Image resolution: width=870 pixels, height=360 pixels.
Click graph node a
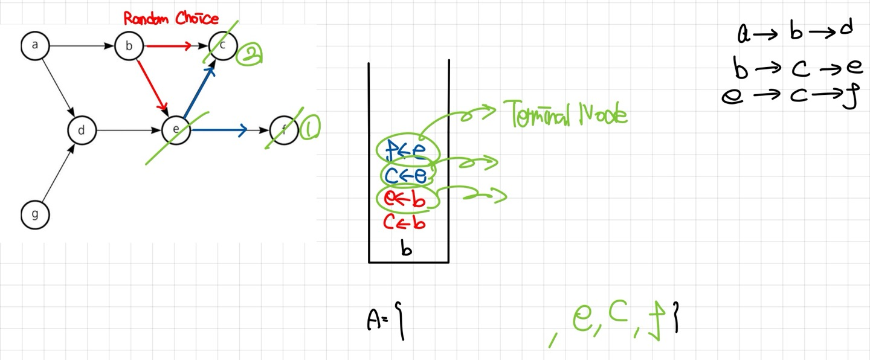coord(35,46)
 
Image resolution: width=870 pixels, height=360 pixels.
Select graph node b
coord(128,46)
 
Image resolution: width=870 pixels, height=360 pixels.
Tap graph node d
coord(82,130)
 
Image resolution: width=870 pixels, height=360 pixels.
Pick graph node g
coord(35,215)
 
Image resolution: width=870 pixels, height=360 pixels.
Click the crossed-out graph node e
coord(175,130)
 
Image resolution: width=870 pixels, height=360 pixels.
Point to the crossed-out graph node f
coord(285,130)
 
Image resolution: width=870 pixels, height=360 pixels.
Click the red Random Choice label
coord(171,19)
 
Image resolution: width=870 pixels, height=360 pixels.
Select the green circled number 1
coord(310,128)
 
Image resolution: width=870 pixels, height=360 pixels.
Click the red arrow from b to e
coord(152,85)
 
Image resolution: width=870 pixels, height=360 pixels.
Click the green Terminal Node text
coord(565,114)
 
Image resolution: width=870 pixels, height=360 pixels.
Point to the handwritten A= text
coord(384,321)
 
